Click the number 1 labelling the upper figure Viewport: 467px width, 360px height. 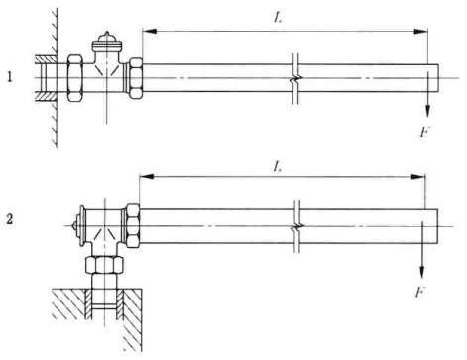point(10,77)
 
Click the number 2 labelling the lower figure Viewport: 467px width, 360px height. point(10,219)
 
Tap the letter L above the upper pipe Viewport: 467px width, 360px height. point(278,18)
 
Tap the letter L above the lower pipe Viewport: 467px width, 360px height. point(278,167)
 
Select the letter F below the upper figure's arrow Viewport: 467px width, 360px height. point(424,132)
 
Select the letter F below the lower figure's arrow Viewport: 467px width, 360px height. point(419,293)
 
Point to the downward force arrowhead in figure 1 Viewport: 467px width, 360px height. point(427,111)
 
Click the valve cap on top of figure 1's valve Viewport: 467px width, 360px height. point(107,42)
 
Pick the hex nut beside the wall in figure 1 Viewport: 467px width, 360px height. point(74,77)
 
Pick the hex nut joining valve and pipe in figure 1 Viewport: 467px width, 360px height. point(135,77)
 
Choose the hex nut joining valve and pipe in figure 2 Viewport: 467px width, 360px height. point(133,226)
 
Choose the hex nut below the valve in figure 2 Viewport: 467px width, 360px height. point(105,264)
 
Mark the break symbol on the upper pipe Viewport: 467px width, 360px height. point(296,78)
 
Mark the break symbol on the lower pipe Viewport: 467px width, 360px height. point(297,227)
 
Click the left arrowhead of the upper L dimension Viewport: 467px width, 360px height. point(149,32)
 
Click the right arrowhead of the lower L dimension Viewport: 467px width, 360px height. point(418,177)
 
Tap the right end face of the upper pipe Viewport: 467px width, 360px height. point(439,78)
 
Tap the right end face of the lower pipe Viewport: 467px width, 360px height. point(438,227)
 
